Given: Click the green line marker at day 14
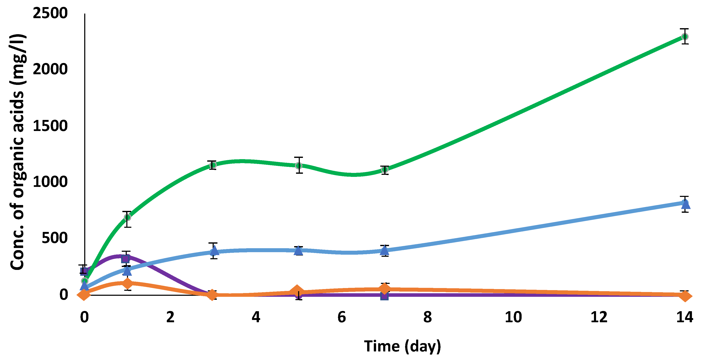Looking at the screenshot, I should pos(684,37).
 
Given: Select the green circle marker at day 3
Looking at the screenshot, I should pos(213,165).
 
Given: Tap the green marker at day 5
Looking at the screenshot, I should pos(299,166).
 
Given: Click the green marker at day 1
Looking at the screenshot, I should pos(127,217).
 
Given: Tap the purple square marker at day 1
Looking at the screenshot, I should pos(125,259).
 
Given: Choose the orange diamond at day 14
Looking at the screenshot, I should pos(685,296).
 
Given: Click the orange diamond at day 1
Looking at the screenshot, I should pos(127,283).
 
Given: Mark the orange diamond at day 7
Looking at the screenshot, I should pos(384,288).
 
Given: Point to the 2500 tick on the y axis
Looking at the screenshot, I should pos(50,13).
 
